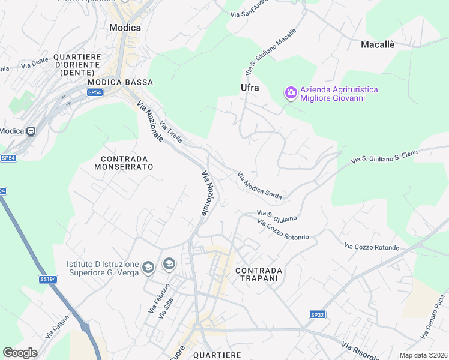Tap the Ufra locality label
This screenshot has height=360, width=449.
coord(250,88)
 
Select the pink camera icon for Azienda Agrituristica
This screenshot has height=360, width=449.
coord(291,92)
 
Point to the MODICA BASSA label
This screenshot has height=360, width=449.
coord(120,82)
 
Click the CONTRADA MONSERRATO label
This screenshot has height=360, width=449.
coord(124,162)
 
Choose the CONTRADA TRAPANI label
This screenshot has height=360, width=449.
coord(259,274)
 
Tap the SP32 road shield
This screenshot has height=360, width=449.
coord(317,314)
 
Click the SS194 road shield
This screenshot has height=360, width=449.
coord(47,279)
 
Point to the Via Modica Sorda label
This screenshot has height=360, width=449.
coord(259,186)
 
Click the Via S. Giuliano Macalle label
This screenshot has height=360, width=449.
coord(271,52)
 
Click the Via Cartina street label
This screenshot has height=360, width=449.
coord(57,326)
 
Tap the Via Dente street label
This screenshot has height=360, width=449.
coord(34,62)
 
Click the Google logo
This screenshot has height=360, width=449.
coord(20,352)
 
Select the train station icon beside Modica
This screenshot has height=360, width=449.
coord(31,131)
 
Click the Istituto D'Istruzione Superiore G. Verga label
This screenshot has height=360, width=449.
coord(103,268)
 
